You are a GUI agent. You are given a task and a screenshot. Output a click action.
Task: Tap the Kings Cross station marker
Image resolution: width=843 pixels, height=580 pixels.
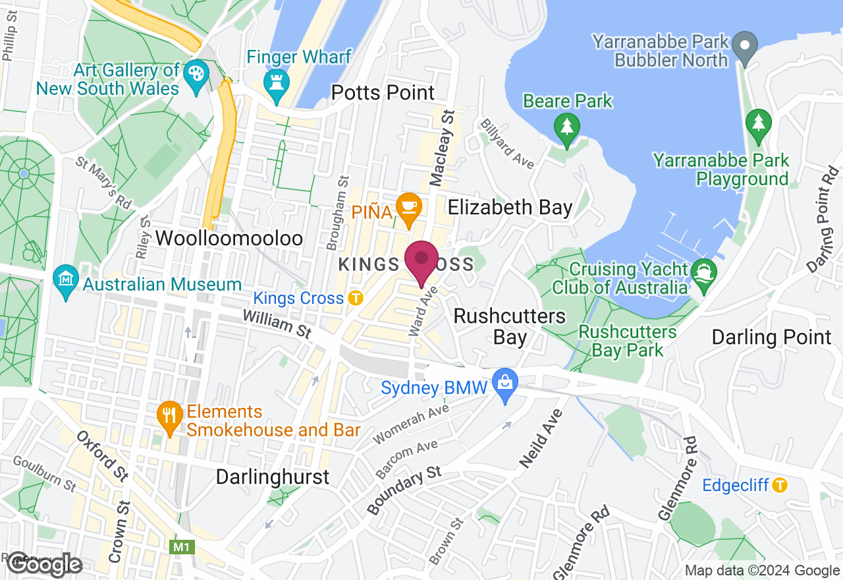[x=356, y=298]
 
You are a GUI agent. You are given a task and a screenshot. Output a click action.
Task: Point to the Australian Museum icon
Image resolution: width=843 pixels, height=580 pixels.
[x=66, y=282]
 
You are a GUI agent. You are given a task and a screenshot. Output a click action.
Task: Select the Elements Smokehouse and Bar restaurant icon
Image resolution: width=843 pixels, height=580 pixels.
[x=170, y=417]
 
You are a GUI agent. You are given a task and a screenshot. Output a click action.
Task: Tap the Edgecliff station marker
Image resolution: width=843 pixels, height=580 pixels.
[x=780, y=485]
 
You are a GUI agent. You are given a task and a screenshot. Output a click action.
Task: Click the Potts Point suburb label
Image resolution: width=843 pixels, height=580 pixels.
[x=383, y=92]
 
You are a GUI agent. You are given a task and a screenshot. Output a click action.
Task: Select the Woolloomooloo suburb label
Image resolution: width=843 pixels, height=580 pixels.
[x=229, y=238]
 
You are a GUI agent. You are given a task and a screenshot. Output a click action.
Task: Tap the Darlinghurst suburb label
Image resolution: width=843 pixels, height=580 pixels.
[x=273, y=477]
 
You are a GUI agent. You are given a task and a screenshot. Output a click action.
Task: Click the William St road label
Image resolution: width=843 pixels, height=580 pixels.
[x=277, y=324]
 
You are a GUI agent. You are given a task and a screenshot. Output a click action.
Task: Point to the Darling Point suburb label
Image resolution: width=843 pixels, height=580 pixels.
[x=771, y=337]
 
